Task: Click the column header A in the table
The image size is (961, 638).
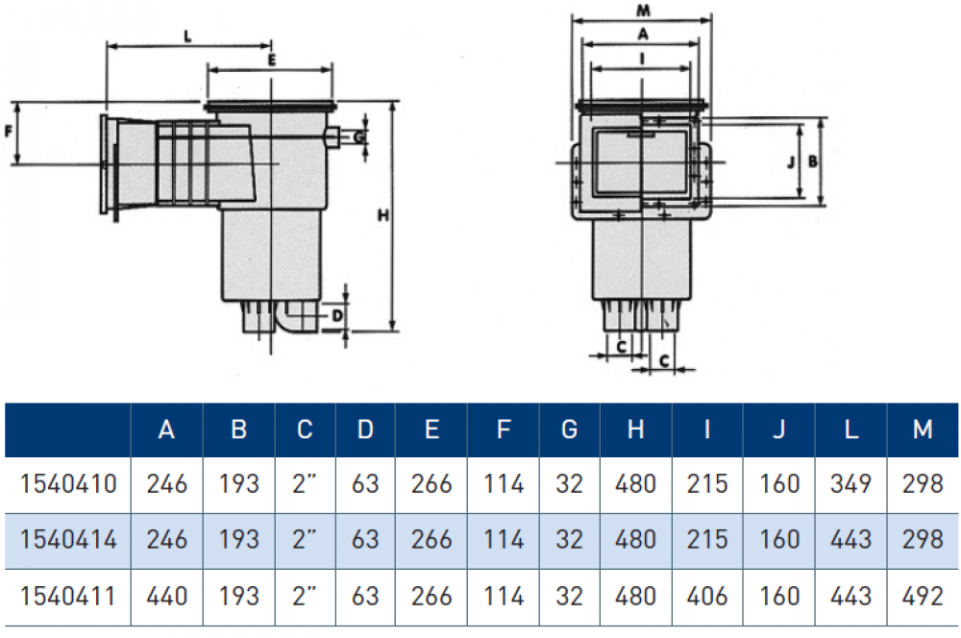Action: pyautogui.click(x=166, y=429)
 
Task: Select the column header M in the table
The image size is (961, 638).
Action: pyautogui.click(x=923, y=429)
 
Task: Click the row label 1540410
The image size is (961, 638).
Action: pyautogui.click(x=67, y=483)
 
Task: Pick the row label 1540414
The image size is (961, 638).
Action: pyautogui.click(x=67, y=539)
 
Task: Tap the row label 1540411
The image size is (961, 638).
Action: pyautogui.click(x=67, y=596)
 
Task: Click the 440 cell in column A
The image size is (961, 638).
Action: pyautogui.click(x=166, y=596)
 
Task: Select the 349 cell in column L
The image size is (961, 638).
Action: pyautogui.click(x=850, y=483)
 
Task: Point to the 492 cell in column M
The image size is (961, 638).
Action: pyautogui.click(x=923, y=596)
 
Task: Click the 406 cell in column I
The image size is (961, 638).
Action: pyautogui.click(x=707, y=596)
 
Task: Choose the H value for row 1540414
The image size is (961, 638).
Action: pyautogui.click(x=635, y=539)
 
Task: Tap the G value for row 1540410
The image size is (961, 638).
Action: pyautogui.click(x=569, y=483)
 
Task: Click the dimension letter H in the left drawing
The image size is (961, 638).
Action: pyautogui.click(x=382, y=217)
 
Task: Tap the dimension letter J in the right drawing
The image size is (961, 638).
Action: pyautogui.click(x=789, y=162)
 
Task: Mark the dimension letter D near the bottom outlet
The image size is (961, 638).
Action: pyautogui.click(x=336, y=314)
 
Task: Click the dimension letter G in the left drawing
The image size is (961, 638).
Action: pyautogui.click(x=357, y=137)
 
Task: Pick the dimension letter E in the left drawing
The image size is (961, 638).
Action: pyautogui.click(x=272, y=60)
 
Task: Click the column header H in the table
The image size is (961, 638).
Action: pyautogui.click(x=635, y=429)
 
